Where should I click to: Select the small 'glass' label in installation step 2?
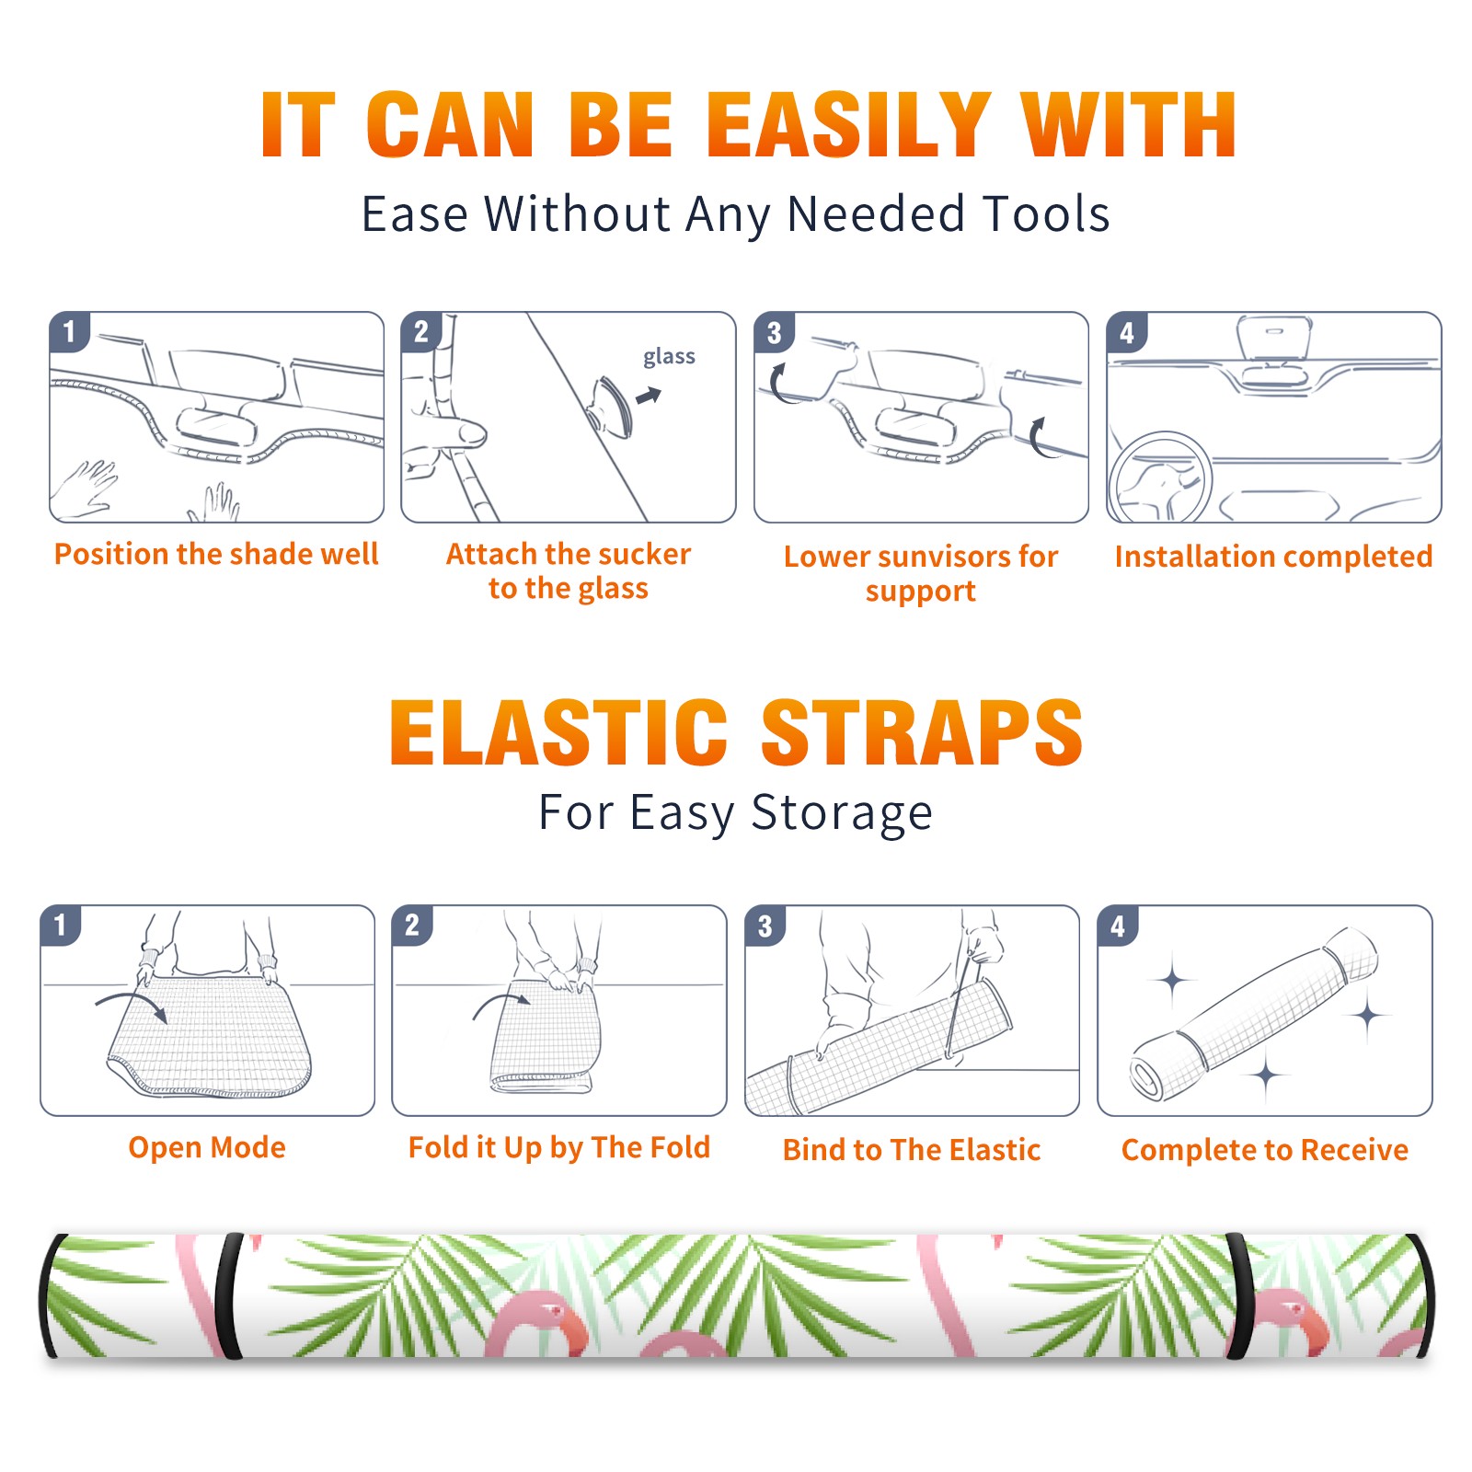pyautogui.click(x=669, y=357)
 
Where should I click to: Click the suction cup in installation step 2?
pyautogui.click(x=613, y=406)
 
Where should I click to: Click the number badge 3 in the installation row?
pyautogui.click(x=774, y=332)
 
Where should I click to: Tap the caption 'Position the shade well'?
pyautogui.click(x=216, y=554)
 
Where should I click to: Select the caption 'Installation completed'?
pyautogui.click(x=1273, y=557)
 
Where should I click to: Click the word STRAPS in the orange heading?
pyautogui.click(x=922, y=732)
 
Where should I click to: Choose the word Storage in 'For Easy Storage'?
pyautogui.click(x=842, y=814)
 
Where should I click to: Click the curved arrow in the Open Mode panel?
pyautogui.click(x=132, y=1005)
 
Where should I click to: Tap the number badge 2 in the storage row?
pyautogui.click(x=412, y=926)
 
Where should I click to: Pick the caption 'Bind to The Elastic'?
pyautogui.click(x=912, y=1150)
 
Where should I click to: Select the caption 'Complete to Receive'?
pyautogui.click(x=1265, y=1150)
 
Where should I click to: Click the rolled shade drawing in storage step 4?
pyautogui.click(x=1253, y=1014)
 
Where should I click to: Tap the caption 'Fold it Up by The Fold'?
pyautogui.click(x=559, y=1147)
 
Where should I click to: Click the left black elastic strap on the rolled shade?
pyautogui.click(x=229, y=1296)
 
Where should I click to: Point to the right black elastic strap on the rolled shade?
pyautogui.click(x=1239, y=1296)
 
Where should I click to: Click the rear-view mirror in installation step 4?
pyautogui.click(x=1274, y=339)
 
